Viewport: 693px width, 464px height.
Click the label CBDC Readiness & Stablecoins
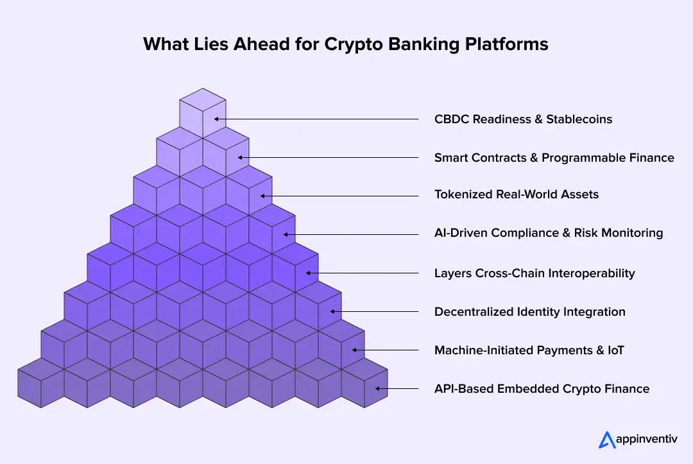pyautogui.click(x=523, y=119)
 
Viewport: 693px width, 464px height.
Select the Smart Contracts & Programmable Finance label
pyautogui.click(x=554, y=157)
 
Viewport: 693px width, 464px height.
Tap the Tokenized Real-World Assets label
pyautogui.click(x=516, y=194)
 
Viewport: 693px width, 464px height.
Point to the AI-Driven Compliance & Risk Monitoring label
pyautogui.click(x=549, y=233)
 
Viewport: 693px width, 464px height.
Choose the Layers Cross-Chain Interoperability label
pyautogui.click(x=535, y=273)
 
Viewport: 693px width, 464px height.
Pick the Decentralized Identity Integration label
pyautogui.click(x=529, y=312)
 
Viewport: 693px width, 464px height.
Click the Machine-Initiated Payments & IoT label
pyautogui.click(x=529, y=350)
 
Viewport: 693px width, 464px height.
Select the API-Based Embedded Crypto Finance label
pyautogui.click(x=542, y=389)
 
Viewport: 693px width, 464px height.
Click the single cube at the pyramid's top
pyautogui.click(x=203, y=112)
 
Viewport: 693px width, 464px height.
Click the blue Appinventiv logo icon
pyautogui.click(x=606, y=440)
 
